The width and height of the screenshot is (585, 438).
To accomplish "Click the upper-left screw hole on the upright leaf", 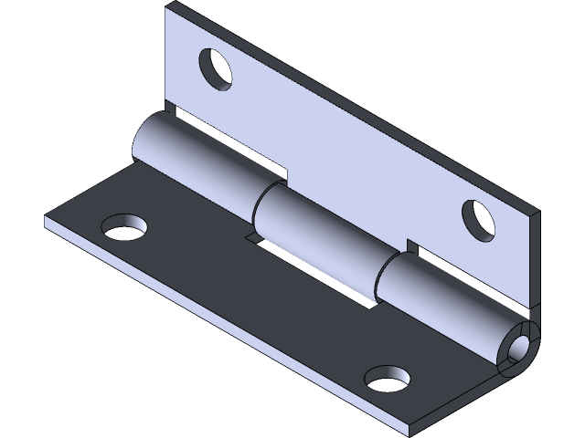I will click(217, 68).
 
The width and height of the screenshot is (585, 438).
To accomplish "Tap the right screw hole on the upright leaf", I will click(478, 219).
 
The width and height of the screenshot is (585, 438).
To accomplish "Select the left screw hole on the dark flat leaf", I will click(125, 227).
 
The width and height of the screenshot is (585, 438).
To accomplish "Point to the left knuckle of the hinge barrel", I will click(197, 160).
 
